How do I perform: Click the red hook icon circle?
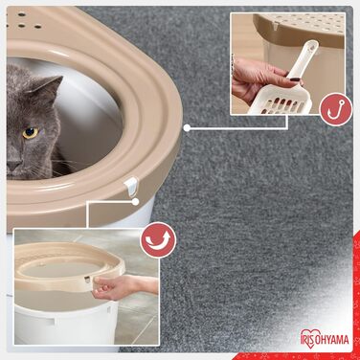(332, 107)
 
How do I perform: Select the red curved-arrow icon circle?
(157, 240)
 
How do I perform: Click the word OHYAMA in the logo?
(330, 338)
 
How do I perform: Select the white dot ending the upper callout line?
(187, 126)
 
